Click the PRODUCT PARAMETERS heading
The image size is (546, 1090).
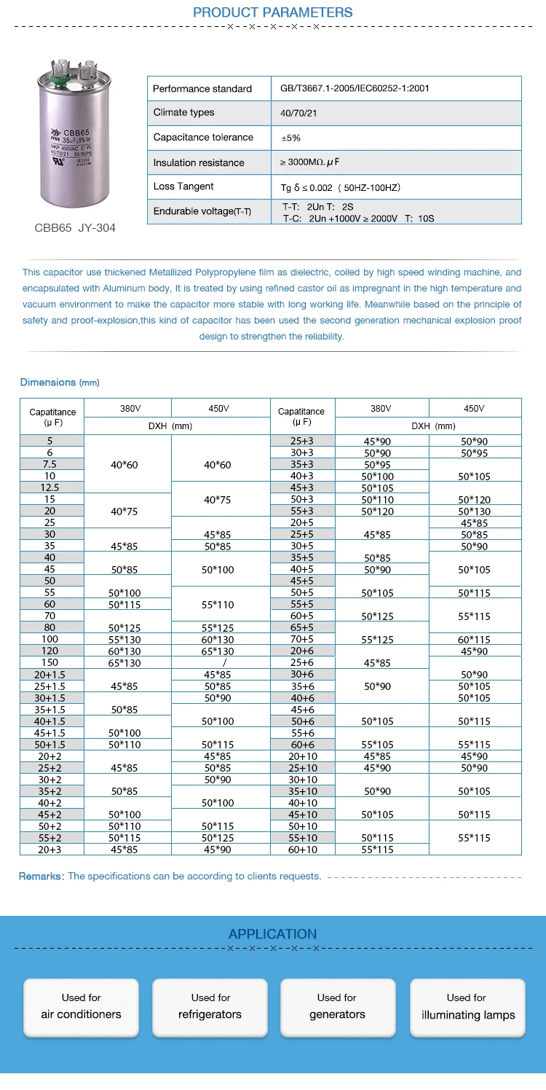272,12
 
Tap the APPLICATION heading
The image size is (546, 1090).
272,934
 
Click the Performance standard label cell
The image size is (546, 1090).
202,89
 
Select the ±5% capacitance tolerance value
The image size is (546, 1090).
290,138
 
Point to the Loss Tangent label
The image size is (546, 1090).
183,187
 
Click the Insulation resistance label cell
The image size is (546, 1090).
199,162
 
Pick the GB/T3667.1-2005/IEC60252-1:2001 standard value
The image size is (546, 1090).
355,89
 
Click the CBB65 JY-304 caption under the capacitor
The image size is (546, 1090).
75,228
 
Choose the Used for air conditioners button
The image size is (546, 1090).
81,1007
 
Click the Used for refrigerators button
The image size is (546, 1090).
210,1007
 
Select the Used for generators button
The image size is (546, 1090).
337,1007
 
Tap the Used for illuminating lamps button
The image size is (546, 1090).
467,1007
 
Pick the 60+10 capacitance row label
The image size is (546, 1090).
302,850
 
